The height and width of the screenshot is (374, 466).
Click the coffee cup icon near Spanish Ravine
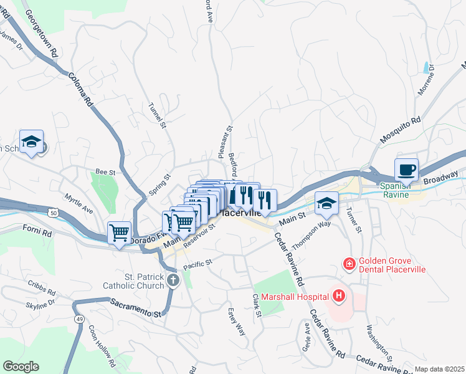click(x=406, y=169)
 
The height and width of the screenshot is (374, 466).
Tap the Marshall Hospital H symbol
click(x=339, y=295)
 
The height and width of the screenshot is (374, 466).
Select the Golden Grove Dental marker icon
click(x=349, y=264)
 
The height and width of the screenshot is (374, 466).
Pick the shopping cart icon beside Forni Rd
click(x=119, y=233)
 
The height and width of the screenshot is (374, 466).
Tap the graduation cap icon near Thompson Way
click(x=326, y=202)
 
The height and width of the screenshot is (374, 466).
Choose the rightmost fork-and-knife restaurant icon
click(x=265, y=200)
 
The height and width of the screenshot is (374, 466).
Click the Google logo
click(x=21, y=366)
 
